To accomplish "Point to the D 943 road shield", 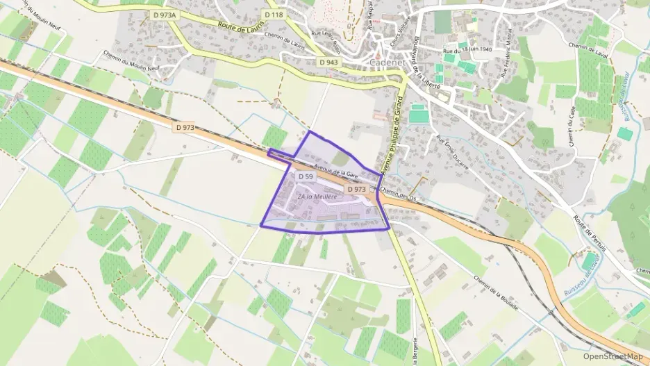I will [x=328, y=63].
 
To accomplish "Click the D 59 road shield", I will [x=306, y=177].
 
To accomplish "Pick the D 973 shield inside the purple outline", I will [x=356, y=189].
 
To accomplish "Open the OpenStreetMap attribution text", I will [x=613, y=356].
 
